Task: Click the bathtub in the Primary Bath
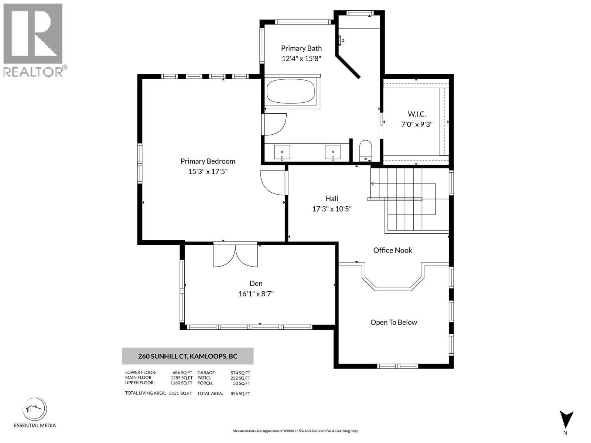click(x=291, y=92)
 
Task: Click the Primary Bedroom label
click(x=208, y=161)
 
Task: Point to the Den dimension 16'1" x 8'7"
click(x=256, y=294)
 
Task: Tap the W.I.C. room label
click(x=417, y=114)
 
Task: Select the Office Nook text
click(x=393, y=250)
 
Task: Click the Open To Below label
click(x=394, y=322)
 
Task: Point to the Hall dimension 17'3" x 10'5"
click(x=332, y=209)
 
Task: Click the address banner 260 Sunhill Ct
click(x=188, y=356)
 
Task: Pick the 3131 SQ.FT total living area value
click(x=180, y=394)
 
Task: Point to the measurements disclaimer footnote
click(x=295, y=431)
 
